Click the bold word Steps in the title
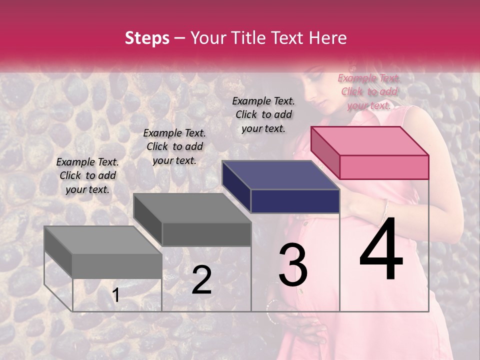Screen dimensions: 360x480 (x=147, y=38)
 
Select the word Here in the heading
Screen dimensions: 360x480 (x=325, y=38)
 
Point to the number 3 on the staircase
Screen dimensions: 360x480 (x=293, y=264)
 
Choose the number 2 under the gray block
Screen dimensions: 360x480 (x=201, y=280)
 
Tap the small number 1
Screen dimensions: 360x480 (x=116, y=295)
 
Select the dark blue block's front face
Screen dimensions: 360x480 (x=295, y=201)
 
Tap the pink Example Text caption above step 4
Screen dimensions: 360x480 (x=369, y=91)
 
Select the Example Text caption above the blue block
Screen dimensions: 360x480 (x=263, y=114)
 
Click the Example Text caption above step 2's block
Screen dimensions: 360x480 (x=174, y=146)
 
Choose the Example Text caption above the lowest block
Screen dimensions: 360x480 (x=87, y=175)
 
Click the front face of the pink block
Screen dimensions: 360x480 (x=384, y=167)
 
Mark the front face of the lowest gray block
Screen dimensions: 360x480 (x=117, y=265)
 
